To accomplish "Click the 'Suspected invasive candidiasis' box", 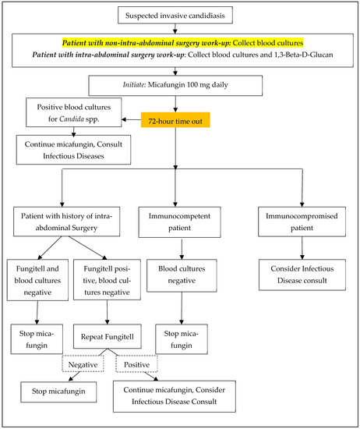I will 180,14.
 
